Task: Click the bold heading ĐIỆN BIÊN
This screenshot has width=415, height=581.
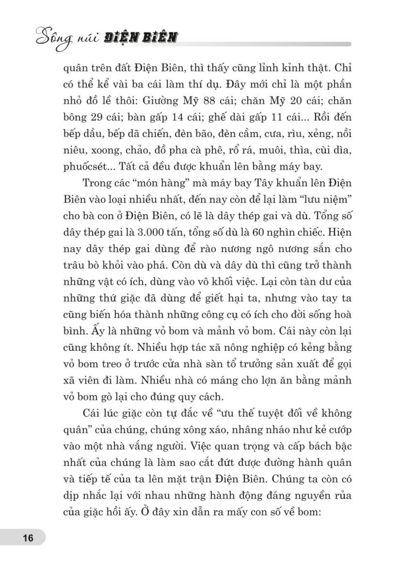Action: [140, 38]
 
